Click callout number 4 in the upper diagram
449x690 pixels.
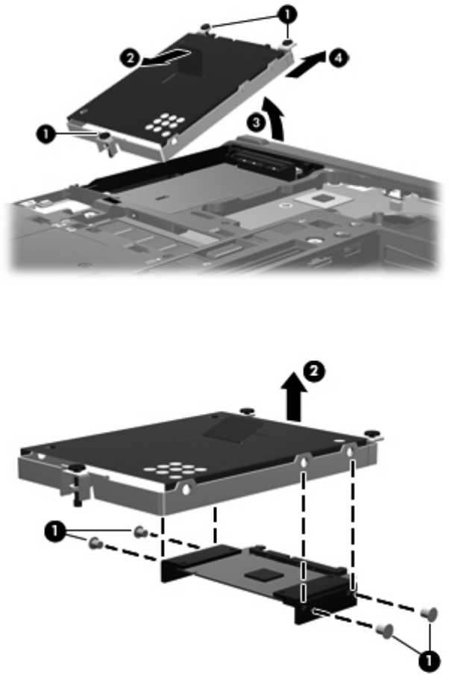click(339, 58)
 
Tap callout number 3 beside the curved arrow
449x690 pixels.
click(256, 122)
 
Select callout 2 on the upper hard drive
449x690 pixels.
click(130, 58)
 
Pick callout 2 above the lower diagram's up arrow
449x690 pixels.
click(314, 371)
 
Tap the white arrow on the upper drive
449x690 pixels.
click(166, 58)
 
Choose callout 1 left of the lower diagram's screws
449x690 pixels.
click(54, 532)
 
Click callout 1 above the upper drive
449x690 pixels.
click(287, 15)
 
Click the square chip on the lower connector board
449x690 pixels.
click(263, 574)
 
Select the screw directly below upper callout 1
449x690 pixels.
click(287, 43)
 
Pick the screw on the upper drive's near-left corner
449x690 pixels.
click(104, 137)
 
